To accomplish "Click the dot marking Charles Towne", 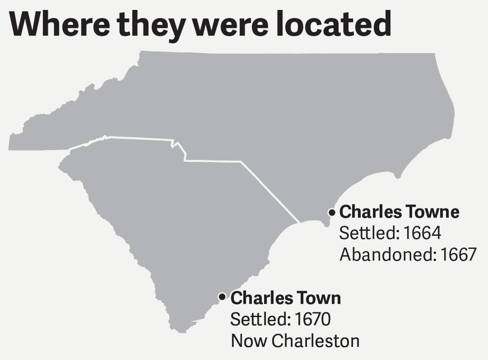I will point(331,213).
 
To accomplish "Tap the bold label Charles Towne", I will point(399,212).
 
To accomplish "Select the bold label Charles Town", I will point(285,298).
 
